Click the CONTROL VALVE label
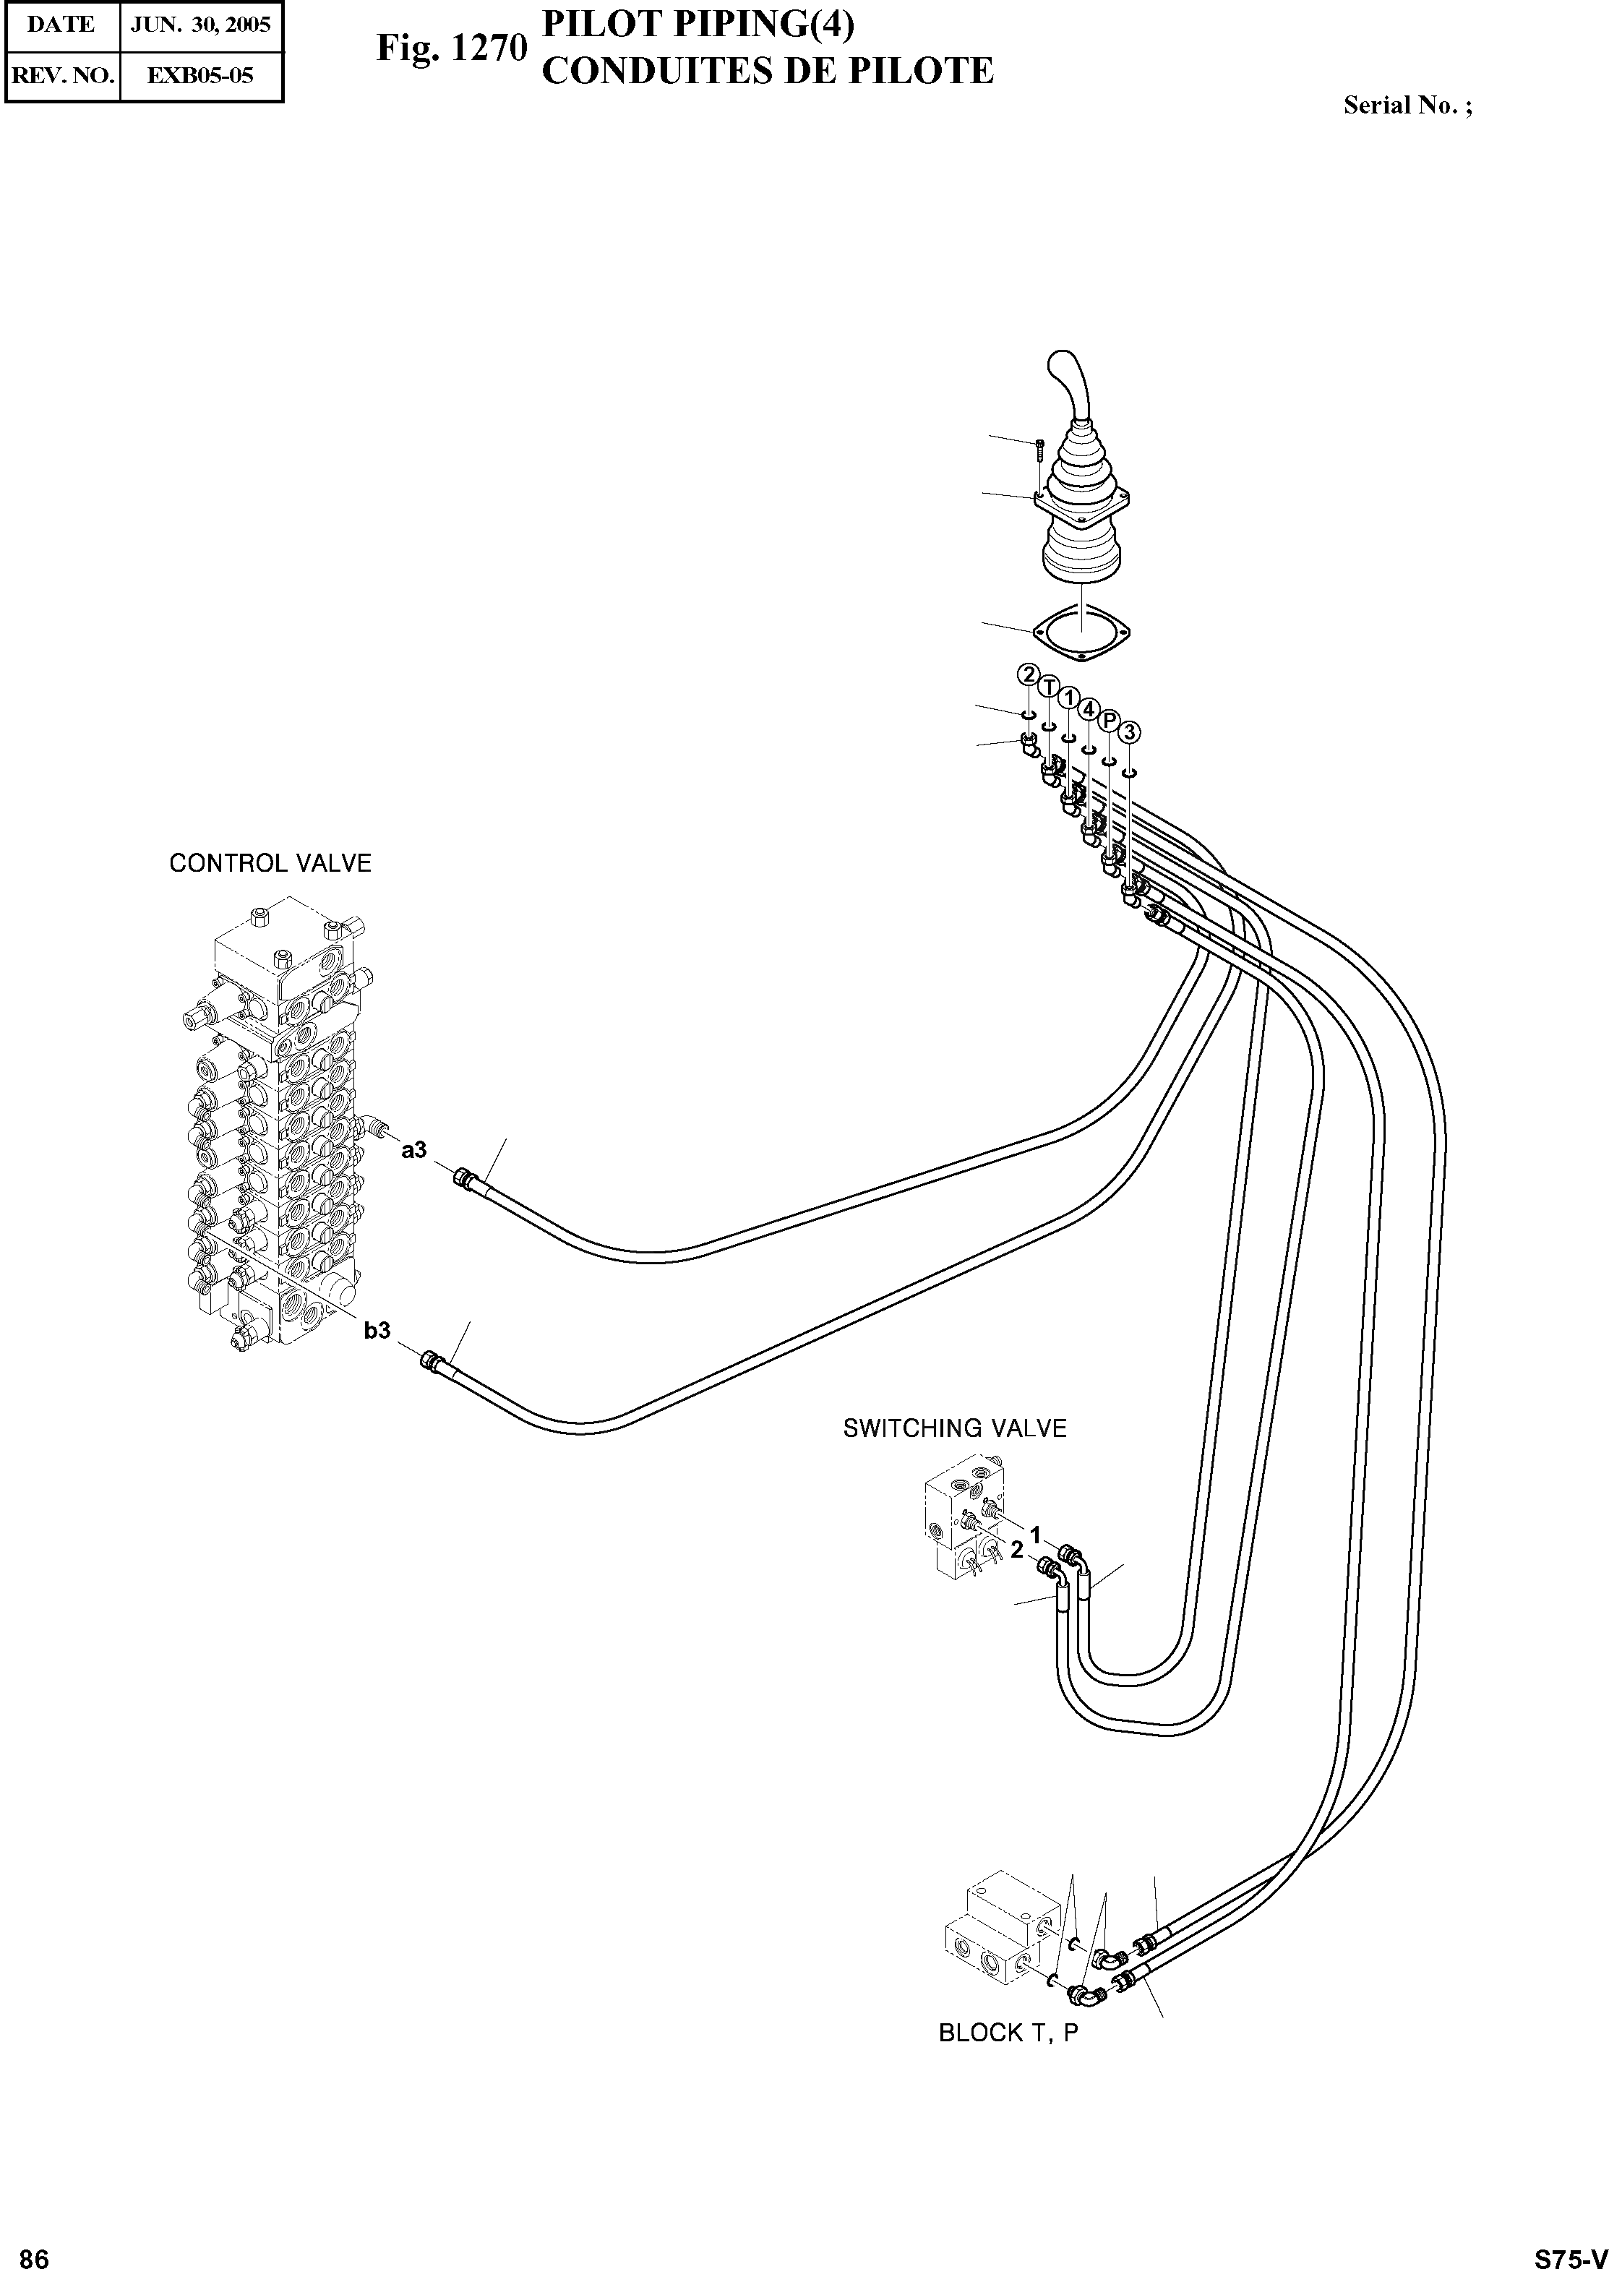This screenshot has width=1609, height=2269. click(x=270, y=863)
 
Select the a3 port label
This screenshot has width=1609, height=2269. click(x=414, y=1149)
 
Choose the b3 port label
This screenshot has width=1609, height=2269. click(x=377, y=1331)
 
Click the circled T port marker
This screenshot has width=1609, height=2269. click(x=1048, y=687)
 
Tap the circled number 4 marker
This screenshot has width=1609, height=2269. click(x=1089, y=708)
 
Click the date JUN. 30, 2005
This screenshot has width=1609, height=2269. click(x=201, y=25)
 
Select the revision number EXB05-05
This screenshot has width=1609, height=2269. click(x=200, y=75)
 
